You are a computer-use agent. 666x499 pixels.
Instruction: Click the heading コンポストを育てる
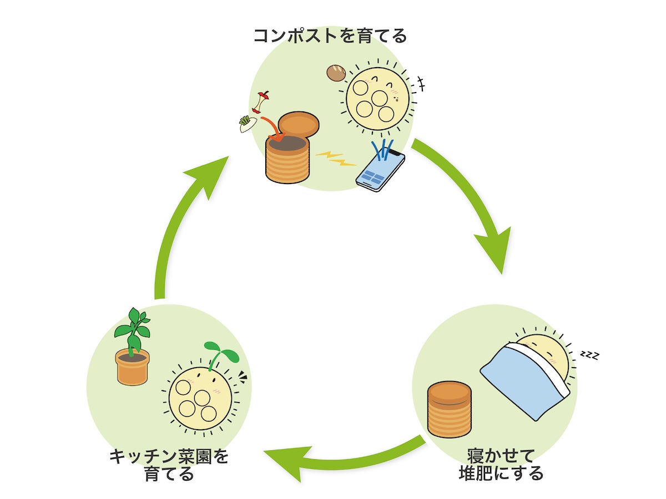tap(330, 37)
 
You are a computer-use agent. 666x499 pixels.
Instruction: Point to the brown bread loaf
tap(336, 73)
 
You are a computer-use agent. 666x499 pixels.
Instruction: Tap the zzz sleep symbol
tap(589, 354)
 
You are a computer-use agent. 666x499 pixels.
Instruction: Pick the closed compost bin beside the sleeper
tap(449, 409)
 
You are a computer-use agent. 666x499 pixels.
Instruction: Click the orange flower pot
tap(132, 366)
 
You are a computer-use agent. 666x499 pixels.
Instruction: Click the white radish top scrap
tap(247, 123)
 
